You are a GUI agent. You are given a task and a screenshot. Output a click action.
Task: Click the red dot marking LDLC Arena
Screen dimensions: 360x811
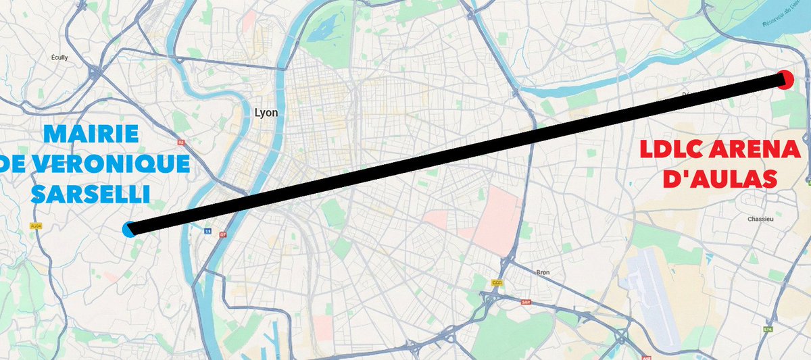(785, 79)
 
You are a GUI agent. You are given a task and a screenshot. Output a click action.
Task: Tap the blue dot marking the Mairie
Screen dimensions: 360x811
(129, 229)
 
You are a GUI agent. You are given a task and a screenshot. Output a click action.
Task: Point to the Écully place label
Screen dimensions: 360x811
(60, 58)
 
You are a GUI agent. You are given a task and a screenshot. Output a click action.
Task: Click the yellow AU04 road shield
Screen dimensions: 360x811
(36, 226)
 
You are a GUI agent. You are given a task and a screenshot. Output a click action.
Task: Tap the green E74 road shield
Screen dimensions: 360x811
(768, 330)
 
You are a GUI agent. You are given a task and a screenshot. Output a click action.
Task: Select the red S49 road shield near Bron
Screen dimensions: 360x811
(526, 302)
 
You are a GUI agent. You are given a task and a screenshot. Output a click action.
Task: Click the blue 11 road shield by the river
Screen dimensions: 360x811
(207, 230)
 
